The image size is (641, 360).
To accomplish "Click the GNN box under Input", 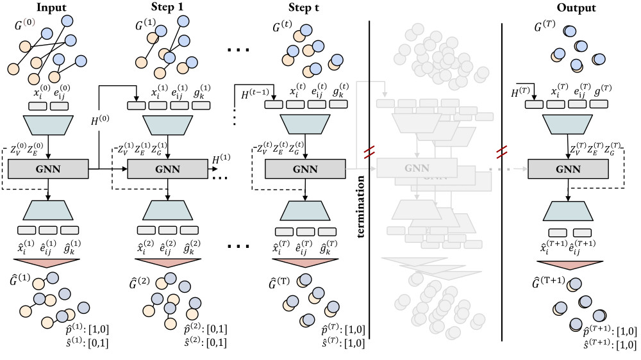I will [x=49, y=170].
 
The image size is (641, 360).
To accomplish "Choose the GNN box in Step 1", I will [x=168, y=170].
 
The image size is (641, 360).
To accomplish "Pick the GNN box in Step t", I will [x=305, y=170].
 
